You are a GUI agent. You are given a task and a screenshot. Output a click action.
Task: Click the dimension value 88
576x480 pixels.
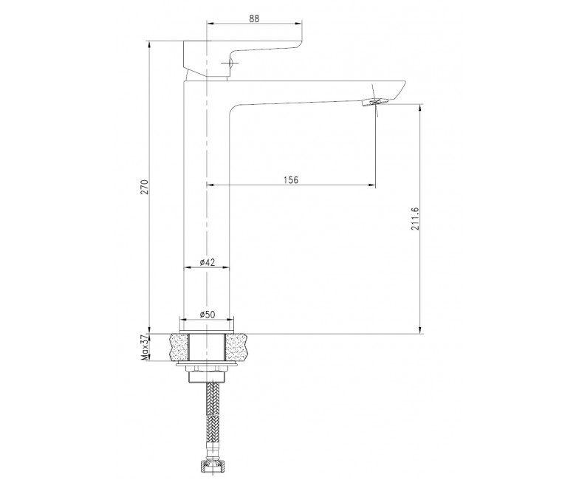click(254, 18)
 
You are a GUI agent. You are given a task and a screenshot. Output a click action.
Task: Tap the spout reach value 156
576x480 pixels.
click(291, 179)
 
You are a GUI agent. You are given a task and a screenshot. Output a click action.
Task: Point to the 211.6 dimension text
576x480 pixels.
click(415, 219)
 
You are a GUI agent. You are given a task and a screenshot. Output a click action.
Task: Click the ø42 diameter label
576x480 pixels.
click(208, 262)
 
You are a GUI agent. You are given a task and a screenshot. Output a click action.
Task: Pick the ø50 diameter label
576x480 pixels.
click(208, 315)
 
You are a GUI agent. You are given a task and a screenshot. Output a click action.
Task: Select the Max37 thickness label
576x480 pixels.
click(145, 347)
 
